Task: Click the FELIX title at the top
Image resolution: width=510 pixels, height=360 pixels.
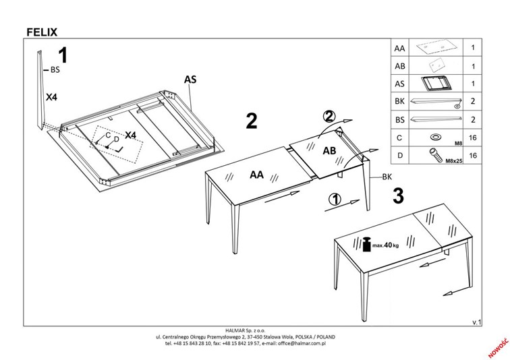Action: pos(42,30)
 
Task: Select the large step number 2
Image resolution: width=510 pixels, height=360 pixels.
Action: pos(252,121)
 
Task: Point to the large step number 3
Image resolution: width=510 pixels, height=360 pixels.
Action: pos(398,196)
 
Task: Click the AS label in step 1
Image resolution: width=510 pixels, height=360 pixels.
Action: pos(190,79)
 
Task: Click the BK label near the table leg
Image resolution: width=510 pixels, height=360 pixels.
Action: pos(387,177)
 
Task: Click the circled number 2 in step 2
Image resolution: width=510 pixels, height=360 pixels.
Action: pos(328,116)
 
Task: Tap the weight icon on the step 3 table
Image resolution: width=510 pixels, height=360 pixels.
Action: pos(367,243)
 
